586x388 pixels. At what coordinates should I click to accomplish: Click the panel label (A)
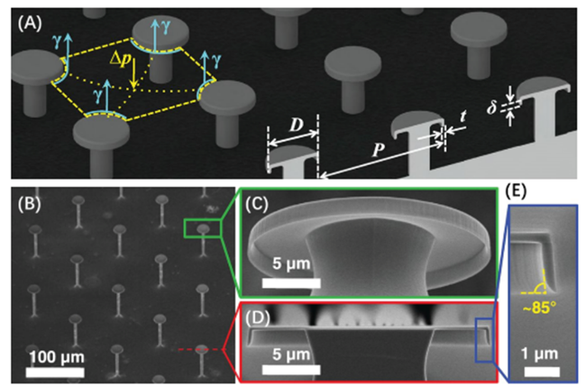click(31, 23)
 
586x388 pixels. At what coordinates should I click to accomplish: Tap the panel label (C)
click(258, 204)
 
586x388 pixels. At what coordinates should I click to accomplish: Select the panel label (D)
click(258, 318)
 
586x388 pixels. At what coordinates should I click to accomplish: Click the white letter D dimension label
click(297, 125)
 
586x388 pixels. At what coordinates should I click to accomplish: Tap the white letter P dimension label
click(378, 150)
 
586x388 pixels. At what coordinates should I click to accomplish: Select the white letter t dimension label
click(462, 116)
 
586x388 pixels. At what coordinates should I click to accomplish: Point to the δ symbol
click(491, 107)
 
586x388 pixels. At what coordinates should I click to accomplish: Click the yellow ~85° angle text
click(539, 308)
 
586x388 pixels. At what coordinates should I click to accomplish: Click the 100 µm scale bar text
click(57, 356)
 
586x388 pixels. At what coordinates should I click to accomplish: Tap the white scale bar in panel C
click(291, 283)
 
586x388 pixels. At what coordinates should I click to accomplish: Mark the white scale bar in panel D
click(291, 370)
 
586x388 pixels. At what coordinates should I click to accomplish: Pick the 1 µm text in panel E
click(541, 354)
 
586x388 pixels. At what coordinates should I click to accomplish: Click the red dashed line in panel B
click(200, 349)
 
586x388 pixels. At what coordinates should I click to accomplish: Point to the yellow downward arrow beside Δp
click(133, 74)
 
